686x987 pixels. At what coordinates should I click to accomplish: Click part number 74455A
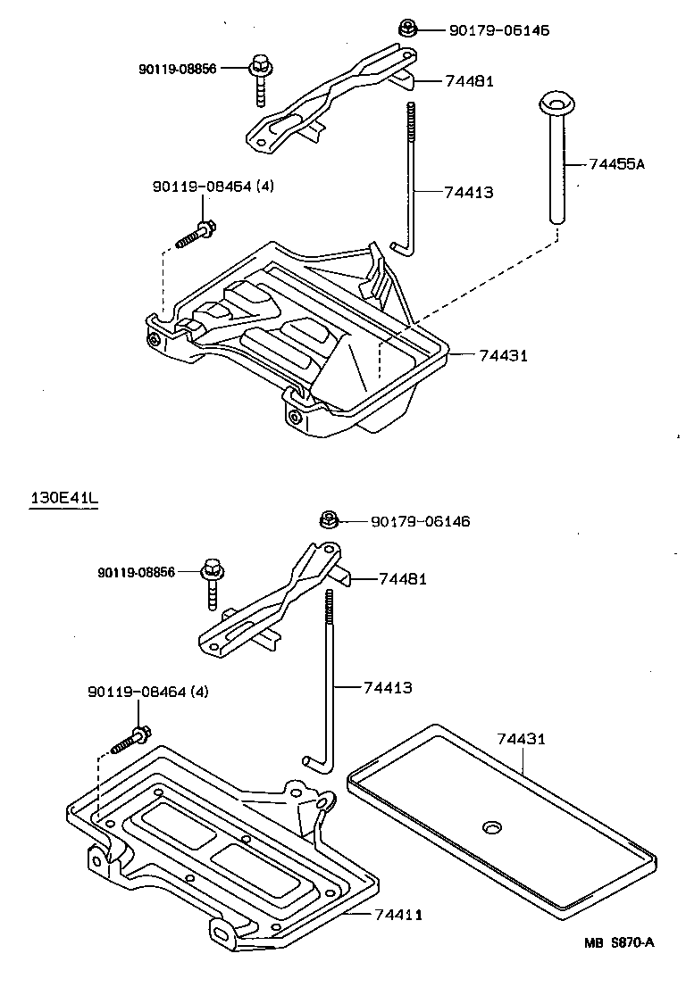click(616, 164)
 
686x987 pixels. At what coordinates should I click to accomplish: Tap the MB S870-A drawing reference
click(620, 943)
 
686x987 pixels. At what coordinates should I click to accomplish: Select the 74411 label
click(398, 915)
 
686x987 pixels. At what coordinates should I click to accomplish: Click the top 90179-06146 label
click(498, 30)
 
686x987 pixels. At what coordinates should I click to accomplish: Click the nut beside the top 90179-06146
click(406, 29)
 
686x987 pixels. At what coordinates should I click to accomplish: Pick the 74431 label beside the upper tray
click(503, 355)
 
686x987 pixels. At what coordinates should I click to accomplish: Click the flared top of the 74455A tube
click(556, 103)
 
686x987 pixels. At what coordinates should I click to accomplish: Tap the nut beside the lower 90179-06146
click(329, 518)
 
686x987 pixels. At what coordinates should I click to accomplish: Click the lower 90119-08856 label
click(137, 572)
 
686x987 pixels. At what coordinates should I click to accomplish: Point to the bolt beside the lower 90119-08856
click(213, 580)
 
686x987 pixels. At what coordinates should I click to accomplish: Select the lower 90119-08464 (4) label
click(147, 692)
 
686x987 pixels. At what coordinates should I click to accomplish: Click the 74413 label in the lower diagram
click(387, 687)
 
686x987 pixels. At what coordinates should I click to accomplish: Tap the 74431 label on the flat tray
click(521, 740)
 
